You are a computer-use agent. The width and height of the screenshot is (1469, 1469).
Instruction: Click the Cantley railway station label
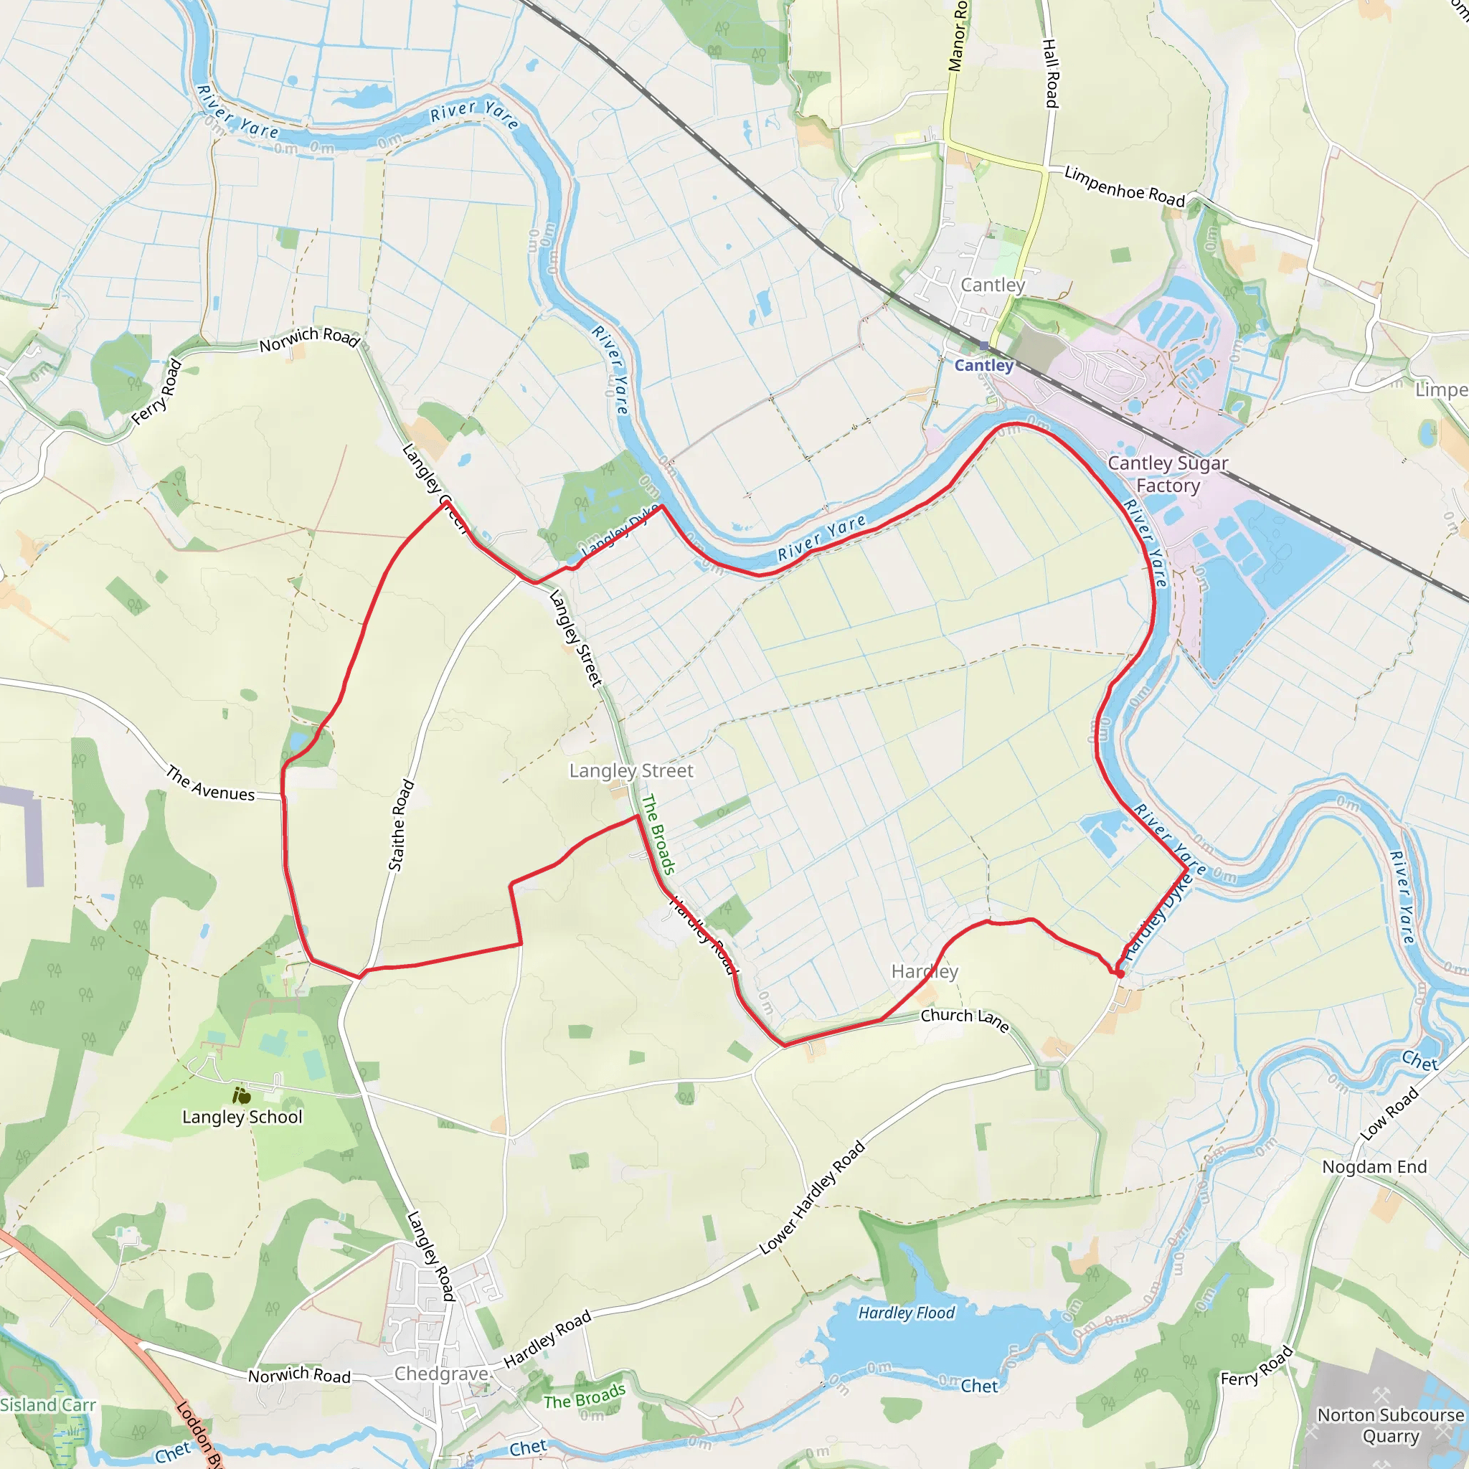click(984, 366)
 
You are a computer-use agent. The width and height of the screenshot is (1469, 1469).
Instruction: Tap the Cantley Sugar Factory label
click(1168, 474)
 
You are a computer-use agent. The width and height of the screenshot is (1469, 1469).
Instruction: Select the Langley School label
click(242, 1117)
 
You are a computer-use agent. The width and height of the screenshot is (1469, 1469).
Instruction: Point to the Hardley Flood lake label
click(907, 1313)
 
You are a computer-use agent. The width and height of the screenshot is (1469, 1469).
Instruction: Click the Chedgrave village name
click(441, 1374)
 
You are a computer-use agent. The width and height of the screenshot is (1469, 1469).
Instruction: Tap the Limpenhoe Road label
click(1125, 186)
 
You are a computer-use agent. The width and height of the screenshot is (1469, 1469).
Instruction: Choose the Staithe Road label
click(401, 825)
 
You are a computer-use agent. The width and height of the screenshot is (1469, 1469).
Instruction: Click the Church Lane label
click(965, 1020)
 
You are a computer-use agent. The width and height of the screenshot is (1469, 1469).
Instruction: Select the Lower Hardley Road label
click(812, 1198)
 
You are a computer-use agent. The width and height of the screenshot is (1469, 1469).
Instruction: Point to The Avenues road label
click(211, 785)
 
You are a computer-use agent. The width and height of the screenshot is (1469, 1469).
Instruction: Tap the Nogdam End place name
click(1374, 1166)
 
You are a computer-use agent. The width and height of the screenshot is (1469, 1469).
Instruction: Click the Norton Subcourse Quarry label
click(1391, 1426)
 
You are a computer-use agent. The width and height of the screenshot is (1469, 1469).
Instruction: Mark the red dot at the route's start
click(1120, 974)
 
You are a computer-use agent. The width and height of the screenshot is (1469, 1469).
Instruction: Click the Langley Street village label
click(631, 771)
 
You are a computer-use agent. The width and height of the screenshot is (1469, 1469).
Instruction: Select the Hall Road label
click(1050, 73)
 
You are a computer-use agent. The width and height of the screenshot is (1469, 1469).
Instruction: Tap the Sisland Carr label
click(48, 1405)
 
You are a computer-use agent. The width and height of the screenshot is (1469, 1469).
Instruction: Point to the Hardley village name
click(925, 972)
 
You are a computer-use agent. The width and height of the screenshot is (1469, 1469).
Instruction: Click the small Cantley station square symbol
click(984, 346)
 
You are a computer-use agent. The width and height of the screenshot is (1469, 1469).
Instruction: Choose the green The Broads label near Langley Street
click(658, 834)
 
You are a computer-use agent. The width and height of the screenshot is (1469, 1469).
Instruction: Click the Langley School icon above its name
click(242, 1096)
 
